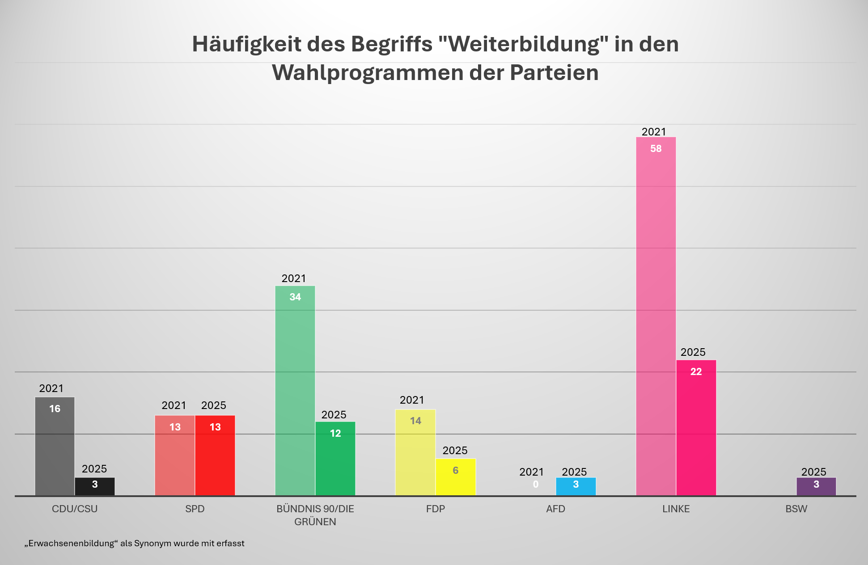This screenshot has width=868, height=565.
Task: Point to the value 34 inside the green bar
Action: coord(295,297)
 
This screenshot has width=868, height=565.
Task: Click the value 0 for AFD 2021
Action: coord(536,484)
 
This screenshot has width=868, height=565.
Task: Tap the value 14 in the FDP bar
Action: coord(415,421)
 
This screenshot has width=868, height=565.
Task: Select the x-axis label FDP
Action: coord(435,509)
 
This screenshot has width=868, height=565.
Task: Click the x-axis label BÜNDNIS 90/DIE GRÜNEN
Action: coord(315,515)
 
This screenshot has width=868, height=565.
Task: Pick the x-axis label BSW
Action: coord(796,509)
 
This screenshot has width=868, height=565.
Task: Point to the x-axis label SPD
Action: coord(195,509)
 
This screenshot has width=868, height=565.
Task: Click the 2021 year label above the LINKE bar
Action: coord(654,132)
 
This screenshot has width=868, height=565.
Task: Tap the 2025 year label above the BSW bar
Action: coord(813,472)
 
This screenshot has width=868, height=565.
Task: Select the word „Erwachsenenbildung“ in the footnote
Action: coord(71,544)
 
